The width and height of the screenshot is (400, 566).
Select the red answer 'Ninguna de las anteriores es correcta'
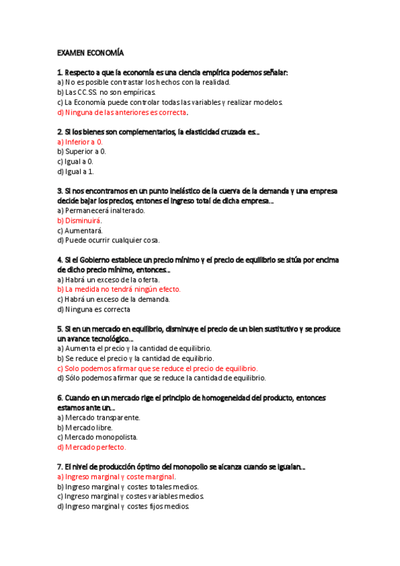click(x=123, y=112)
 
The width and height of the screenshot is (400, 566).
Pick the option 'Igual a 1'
click(x=75, y=172)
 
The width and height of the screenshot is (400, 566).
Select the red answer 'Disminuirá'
click(x=81, y=220)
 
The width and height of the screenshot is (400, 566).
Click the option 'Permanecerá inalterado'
click(x=101, y=210)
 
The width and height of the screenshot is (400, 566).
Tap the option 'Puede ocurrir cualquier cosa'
click(x=108, y=240)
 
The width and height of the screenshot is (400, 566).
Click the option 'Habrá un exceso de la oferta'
click(x=108, y=280)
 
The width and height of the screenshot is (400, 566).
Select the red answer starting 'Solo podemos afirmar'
click(x=157, y=368)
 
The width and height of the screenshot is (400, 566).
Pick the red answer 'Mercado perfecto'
click(x=91, y=447)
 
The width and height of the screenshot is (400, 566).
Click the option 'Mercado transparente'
click(x=99, y=417)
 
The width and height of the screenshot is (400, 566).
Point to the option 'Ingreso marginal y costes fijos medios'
click(x=124, y=506)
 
